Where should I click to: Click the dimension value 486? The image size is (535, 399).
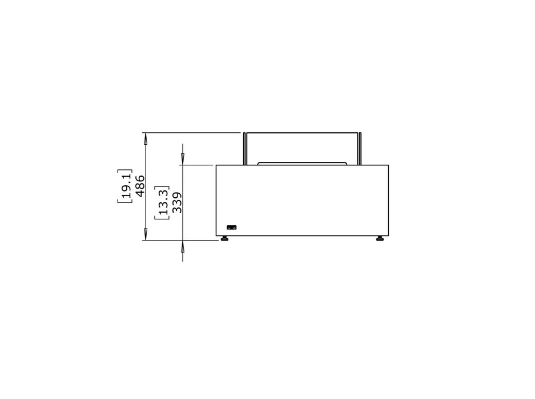tap(140, 186)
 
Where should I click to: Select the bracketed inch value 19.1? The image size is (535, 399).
tap(124, 186)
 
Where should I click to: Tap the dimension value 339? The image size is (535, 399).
tap(177, 203)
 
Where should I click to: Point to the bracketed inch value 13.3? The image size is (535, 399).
tap(162, 203)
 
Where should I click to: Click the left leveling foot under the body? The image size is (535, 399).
tap(224, 238)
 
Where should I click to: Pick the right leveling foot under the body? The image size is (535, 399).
tap(380, 238)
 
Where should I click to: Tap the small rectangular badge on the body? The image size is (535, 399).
tap(232, 227)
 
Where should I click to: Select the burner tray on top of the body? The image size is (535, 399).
tap(302, 164)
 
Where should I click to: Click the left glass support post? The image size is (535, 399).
tap(245, 149)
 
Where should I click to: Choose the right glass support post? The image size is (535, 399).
tap(360, 149)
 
